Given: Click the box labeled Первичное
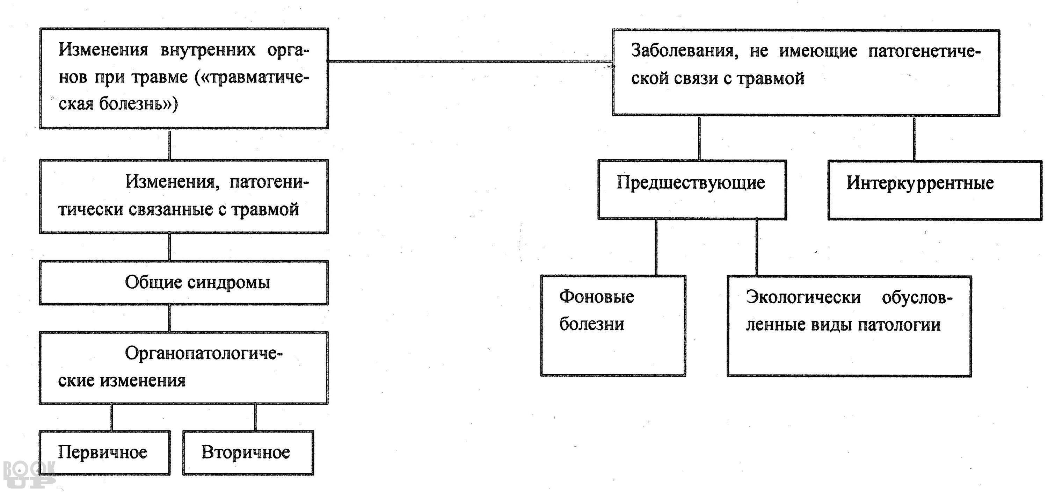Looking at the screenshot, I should tap(104, 453).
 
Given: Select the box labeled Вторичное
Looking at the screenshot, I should tap(248, 453).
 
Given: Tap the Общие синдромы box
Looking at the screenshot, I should tap(184, 282).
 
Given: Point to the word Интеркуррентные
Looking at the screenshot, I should tap(920, 183).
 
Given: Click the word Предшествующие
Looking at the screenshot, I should tap(690, 182).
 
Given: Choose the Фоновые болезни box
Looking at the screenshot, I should tap(613, 326).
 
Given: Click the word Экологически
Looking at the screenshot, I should tap(803, 297).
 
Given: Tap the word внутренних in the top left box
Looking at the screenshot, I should tap(208, 50).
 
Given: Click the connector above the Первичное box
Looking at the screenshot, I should tap(112, 417).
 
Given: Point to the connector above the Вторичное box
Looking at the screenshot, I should tap(255, 417).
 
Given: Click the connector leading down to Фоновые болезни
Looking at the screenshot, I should tap(656, 247).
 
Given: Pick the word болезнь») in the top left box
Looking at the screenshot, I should tap(139, 104).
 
